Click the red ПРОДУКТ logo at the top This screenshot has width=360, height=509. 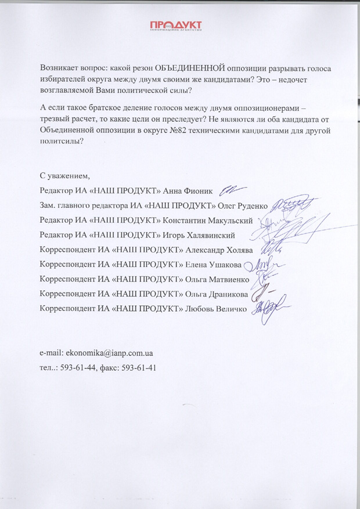175,27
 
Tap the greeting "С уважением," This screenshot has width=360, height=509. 65,176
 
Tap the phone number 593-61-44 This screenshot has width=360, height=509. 81,367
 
